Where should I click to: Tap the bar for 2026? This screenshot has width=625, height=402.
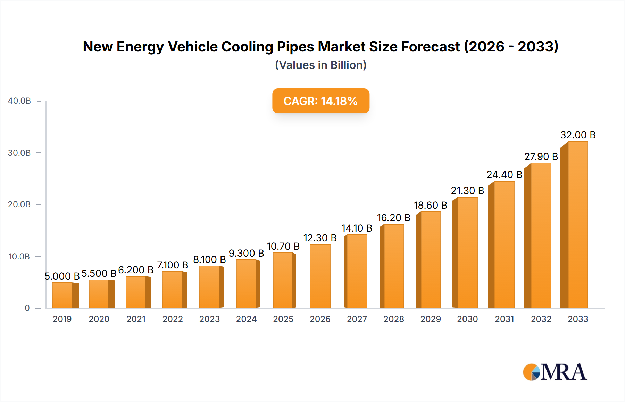coord(320,276)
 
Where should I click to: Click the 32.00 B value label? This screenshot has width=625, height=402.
coord(578,135)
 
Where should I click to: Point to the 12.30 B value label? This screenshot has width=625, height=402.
coord(320,238)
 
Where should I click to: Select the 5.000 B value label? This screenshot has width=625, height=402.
coord(62,276)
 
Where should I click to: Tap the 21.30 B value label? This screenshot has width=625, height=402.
coord(467,191)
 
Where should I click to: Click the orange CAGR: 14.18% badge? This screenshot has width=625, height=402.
coord(320,101)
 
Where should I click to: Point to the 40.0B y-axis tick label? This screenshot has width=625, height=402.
coord(19,101)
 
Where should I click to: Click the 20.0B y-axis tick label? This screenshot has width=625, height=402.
coord(19,204)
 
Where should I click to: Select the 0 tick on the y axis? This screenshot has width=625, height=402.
coord(27,308)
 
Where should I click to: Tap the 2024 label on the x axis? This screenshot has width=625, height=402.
coord(246,319)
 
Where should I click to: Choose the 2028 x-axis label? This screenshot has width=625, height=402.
coord(394,319)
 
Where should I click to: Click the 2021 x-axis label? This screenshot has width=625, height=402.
coord(136,319)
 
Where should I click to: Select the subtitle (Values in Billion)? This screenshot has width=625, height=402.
coord(320,65)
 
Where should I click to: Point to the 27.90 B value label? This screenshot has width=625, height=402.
coord(541,156)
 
